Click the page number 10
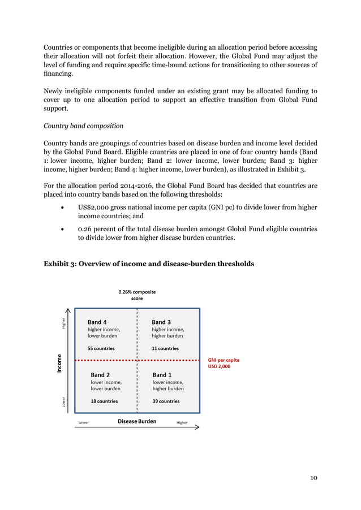click(313, 478)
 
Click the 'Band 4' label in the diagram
click(97, 322)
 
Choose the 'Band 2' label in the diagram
click(100, 375)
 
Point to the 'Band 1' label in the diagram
click(162, 375)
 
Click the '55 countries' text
click(101, 349)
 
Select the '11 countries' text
click(165, 349)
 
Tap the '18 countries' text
click(104, 401)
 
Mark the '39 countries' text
click(166, 401)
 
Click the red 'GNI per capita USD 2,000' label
click(223, 362)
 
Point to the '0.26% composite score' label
click(137, 295)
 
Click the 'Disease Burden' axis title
click(137, 421)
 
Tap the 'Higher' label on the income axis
click(63, 322)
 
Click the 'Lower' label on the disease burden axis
click(83, 422)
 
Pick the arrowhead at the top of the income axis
click(68, 310)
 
